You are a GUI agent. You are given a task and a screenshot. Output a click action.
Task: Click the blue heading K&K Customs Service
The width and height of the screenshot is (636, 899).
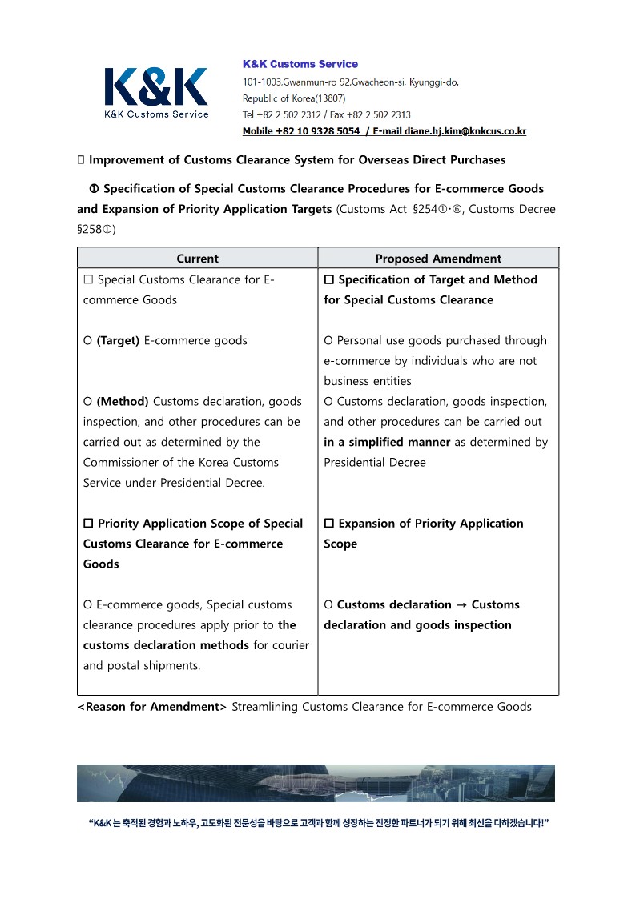tap(300, 64)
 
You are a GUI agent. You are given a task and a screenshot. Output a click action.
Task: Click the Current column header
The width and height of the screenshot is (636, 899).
tap(197, 259)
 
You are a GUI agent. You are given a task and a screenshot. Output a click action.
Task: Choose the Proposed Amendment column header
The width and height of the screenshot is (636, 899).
tap(438, 259)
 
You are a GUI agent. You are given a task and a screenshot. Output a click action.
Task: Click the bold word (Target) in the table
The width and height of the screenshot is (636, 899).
tap(118, 341)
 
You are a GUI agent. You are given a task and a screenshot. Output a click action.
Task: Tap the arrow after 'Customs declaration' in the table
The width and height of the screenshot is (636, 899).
tap(461, 605)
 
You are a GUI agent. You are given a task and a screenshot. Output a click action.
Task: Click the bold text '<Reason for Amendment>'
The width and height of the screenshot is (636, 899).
tap(152, 707)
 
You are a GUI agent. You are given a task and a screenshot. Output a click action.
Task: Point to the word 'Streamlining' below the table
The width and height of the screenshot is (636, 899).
tap(268, 707)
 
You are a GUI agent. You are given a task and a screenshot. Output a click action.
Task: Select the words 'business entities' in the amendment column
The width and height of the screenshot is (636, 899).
tap(368, 382)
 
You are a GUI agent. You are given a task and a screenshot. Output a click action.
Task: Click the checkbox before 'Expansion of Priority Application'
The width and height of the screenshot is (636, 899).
tap(328, 524)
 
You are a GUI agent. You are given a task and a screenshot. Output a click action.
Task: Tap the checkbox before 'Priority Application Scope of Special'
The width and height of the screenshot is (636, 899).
tap(88, 524)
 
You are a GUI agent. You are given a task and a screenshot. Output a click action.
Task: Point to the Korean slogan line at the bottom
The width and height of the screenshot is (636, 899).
tap(318, 823)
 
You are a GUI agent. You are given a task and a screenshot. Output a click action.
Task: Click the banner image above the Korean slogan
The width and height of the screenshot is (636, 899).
tap(316, 783)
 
